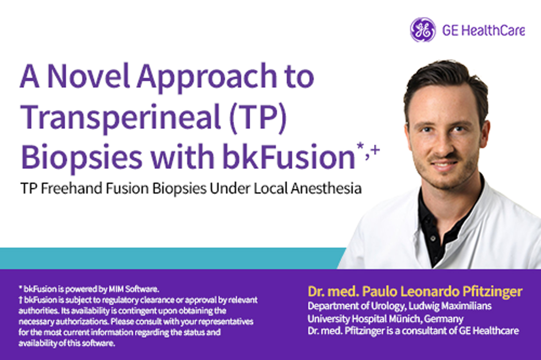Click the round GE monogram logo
[x=423, y=30]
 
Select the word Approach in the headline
[x=207, y=79]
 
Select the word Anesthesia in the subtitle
[x=326, y=189]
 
